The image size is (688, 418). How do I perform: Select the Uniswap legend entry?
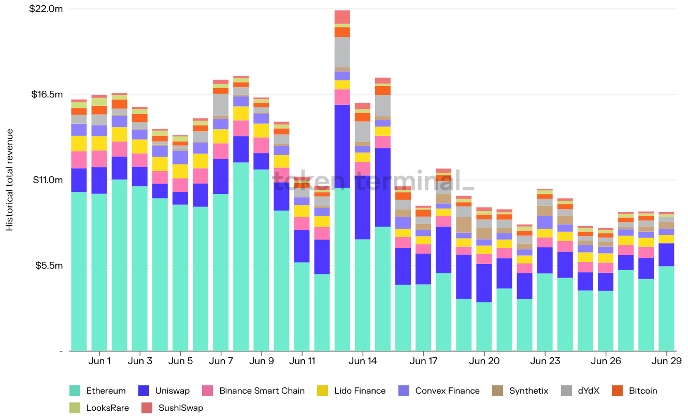click(x=165, y=391)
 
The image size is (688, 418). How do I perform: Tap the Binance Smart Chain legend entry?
click(x=254, y=391)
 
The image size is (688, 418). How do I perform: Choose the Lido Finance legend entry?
click(x=352, y=391)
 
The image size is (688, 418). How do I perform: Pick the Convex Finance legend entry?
click(x=439, y=391)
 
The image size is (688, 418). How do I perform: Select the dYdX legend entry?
click(x=580, y=391)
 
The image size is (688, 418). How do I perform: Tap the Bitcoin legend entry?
click(x=635, y=391)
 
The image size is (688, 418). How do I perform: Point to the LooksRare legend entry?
click(x=99, y=408)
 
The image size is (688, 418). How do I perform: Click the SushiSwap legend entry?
click(x=173, y=408)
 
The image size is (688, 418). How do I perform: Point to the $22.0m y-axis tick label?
click(x=46, y=9)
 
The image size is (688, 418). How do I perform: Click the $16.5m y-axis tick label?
click(x=46, y=94)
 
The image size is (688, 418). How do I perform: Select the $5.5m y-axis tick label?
click(x=48, y=265)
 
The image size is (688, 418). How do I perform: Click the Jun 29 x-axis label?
click(x=666, y=361)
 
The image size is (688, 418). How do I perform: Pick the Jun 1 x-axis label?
click(x=99, y=361)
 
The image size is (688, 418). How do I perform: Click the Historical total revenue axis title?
click(x=10, y=179)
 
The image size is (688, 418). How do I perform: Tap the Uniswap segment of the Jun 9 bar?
click(x=261, y=161)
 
